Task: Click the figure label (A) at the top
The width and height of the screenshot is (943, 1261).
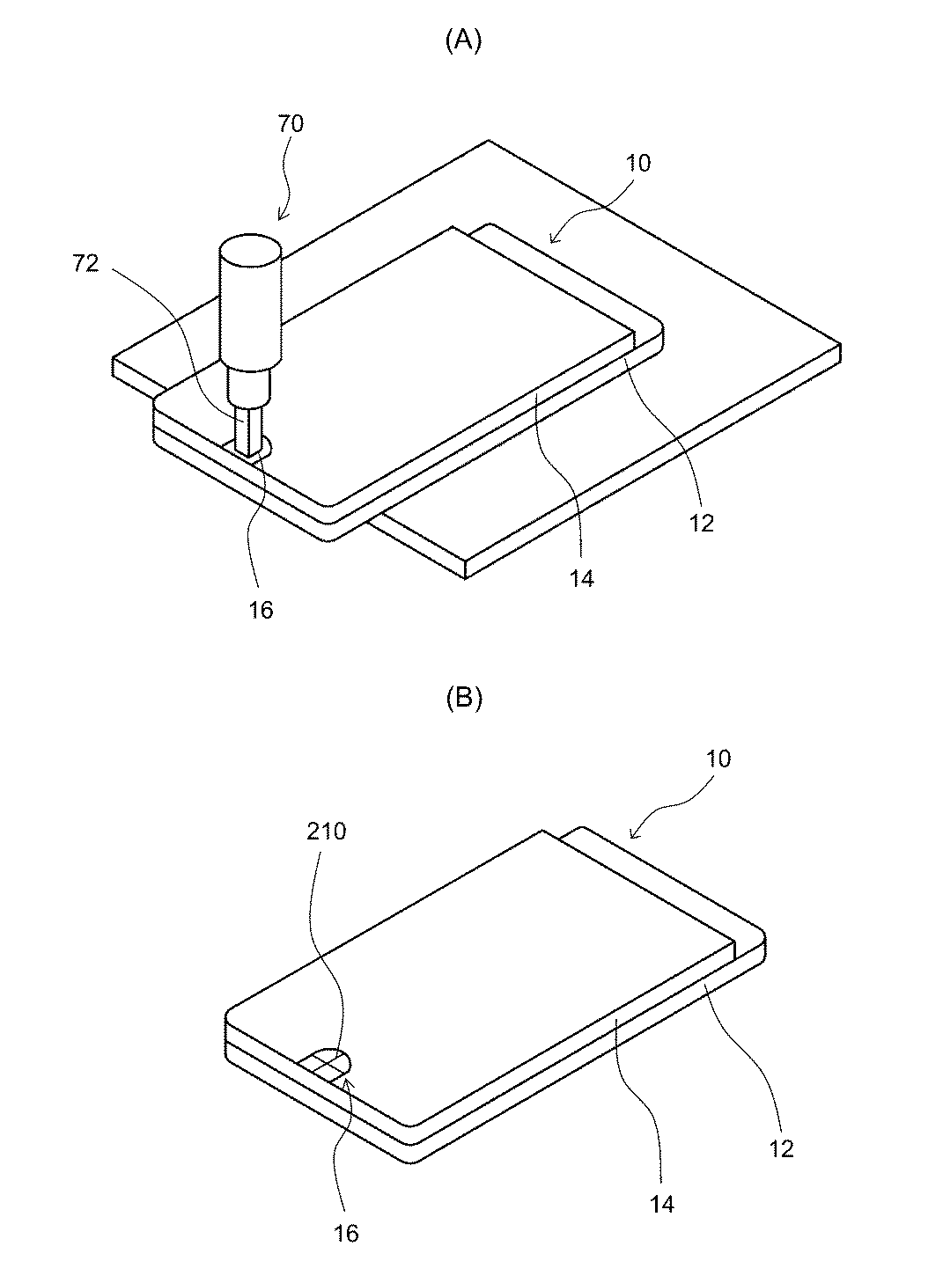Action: tap(463, 40)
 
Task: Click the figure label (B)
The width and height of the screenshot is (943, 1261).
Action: tap(463, 700)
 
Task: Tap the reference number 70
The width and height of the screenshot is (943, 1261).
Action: tap(291, 124)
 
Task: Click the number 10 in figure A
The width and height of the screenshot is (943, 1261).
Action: tap(639, 164)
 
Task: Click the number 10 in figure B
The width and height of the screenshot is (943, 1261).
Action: tap(718, 759)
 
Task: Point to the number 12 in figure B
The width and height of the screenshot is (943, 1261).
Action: tap(781, 1148)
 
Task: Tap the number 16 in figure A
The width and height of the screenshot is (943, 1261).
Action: tap(262, 609)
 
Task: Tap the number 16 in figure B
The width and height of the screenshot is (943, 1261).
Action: tap(347, 1234)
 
